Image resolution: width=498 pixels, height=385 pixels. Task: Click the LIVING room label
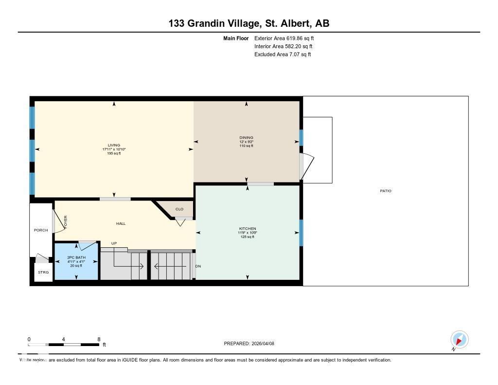(114, 145)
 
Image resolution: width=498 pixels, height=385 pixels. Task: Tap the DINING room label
(246, 138)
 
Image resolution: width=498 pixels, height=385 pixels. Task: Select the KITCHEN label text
(247, 229)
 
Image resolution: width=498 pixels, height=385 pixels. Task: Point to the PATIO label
(385, 191)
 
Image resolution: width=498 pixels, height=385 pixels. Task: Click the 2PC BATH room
(76, 261)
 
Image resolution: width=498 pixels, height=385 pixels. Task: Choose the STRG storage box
(43, 273)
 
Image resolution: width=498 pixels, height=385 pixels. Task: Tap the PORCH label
(41, 230)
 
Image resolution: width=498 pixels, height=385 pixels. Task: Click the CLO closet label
(179, 209)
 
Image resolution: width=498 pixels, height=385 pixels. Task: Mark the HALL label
(121, 223)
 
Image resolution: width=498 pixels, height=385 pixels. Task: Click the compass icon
(459, 339)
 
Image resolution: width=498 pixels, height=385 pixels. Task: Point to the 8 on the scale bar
(99, 339)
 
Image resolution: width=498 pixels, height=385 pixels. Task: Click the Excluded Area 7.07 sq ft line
(283, 55)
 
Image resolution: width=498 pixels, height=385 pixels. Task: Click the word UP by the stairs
(114, 243)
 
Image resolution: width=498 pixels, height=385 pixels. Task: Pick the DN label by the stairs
(198, 266)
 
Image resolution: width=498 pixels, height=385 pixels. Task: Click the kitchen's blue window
(301, 233)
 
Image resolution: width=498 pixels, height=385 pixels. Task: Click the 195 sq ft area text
(114, 153)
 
